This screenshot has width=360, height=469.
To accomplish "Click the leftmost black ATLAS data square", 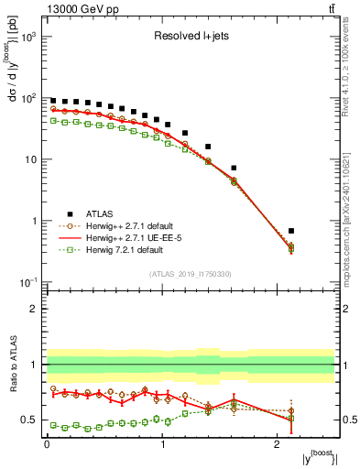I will coord(53,101).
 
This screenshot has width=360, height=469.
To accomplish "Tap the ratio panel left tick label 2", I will coord(38,309).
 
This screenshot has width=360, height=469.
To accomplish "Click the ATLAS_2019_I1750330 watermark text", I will coord(191,273).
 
